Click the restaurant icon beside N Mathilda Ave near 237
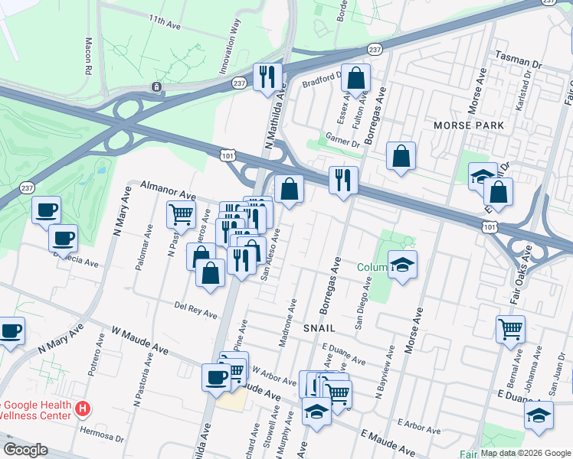click(x=267, y=76)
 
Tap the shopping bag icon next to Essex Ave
click(x=356, y=78)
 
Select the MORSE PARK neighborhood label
click(x=469, y=125)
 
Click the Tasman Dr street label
click(x=518, y=56)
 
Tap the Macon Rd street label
click(x=89, y=55)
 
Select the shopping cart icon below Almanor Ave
click(x=181, y=214)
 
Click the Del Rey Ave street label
click(x=195, y=310)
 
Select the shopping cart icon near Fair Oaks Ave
click(x=510, y=330)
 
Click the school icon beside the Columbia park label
click(x=402, y=265)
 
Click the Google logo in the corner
click(x=25, y=450)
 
